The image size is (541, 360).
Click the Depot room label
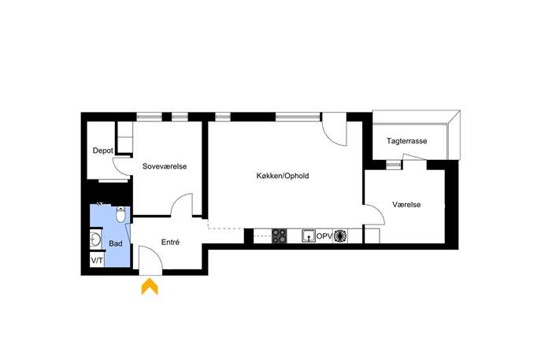(103, 150)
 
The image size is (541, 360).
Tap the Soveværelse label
(165, 166)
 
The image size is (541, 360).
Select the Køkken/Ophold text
(283, 176)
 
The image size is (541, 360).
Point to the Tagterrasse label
(407, 141)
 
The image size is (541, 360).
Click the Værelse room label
(406, 205)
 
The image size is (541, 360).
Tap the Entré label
(170, 243)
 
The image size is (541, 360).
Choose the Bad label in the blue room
(116, 243)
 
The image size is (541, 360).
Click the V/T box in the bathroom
(97, 260)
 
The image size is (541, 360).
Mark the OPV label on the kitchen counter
(324, 236)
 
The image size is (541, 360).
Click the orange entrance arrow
(150, 286)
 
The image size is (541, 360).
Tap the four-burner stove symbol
(279, 236)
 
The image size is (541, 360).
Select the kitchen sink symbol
(309, 236)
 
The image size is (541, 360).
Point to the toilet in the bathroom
(120, 215)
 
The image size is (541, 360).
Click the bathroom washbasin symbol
(95, 239)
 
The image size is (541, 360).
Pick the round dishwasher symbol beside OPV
(340, 236)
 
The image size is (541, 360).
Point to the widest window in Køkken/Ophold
(298, 117)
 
